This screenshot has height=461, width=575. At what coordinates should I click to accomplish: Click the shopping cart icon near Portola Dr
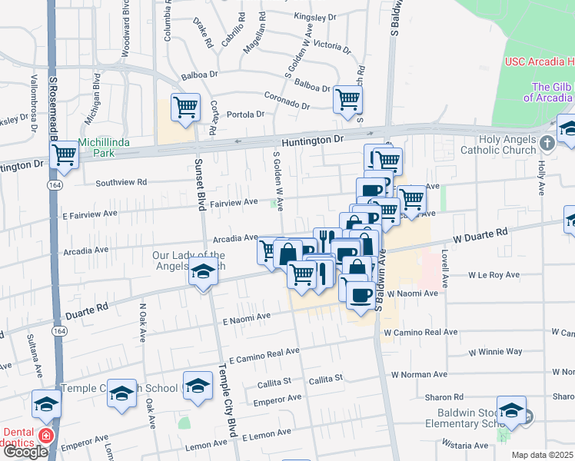click(x=185, y=108)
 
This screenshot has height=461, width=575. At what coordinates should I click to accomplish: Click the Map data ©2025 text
click(x=543, y=455)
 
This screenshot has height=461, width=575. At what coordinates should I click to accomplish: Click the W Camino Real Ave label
click(x=420, y=333)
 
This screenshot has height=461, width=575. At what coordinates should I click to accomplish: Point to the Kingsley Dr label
click(x=315, y=15)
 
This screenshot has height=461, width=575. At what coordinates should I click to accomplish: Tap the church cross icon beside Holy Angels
click(x=547, y=144)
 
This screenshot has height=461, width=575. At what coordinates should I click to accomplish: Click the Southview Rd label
click(x=121, y=183)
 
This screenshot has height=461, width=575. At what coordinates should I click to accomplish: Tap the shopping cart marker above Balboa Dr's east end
click(x=347, y=98)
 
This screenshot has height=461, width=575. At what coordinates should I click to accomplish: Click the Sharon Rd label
click(x=447, y=397)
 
